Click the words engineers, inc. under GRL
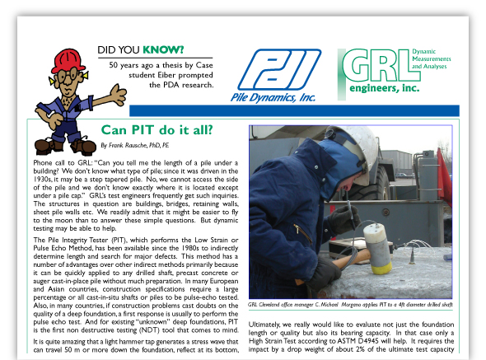click(x=387, y=87)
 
